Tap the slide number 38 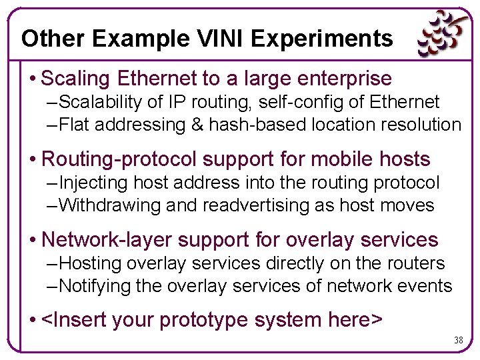click(458, 340)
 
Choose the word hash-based click(257, 125)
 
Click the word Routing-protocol click(119, 159)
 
